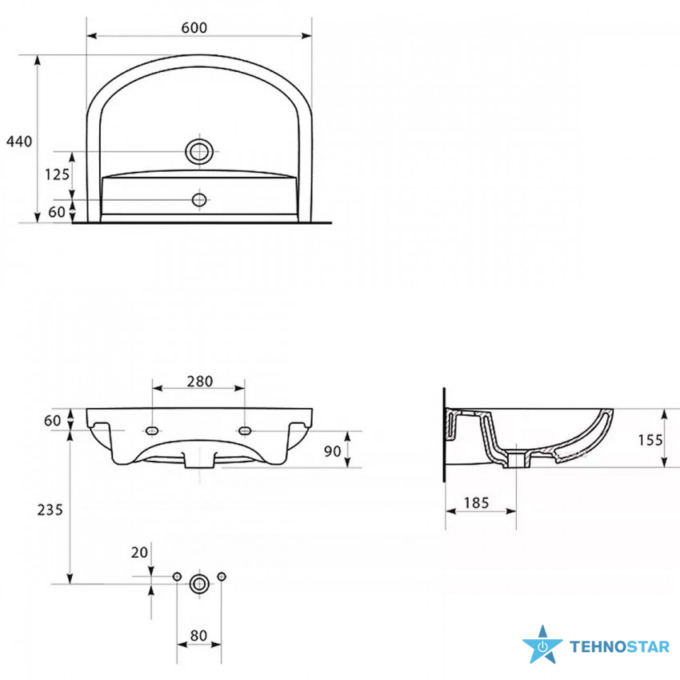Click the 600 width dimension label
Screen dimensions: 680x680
[194, 28]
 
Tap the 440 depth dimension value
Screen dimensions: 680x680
[19, 142]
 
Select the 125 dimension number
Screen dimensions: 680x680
[58, 174]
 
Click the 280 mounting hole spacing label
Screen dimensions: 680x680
[200, 381]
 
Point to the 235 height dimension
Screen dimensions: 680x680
[50, 510]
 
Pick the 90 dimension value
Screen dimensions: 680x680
[333, 451]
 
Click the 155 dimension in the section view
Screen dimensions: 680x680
[650, 440]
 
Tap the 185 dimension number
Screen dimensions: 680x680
[477, 503]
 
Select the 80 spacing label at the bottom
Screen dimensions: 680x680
[198, 636]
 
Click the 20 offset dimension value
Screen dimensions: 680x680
[140, 553]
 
